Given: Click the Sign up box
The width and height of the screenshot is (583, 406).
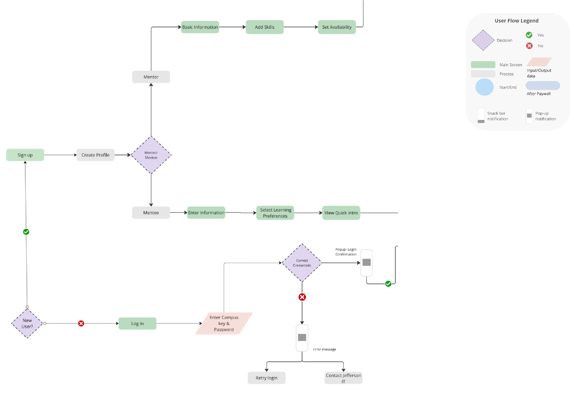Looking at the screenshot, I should (25, 155).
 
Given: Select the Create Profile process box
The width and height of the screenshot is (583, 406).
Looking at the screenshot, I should (96, 155).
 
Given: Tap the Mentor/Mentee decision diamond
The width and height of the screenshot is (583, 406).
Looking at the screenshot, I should (151, 155).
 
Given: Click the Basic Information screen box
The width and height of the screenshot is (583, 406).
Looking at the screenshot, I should (200, 27).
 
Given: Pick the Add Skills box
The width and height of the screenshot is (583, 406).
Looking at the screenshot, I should (265, 27).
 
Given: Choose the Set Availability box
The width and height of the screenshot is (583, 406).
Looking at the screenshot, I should (337, 27).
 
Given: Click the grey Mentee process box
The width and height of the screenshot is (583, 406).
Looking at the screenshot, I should (151, 213).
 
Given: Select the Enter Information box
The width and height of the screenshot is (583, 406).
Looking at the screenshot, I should (206, 213).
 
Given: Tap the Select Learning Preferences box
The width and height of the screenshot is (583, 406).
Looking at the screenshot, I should (275, 213).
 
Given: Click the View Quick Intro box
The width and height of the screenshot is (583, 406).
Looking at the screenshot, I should (341, 213).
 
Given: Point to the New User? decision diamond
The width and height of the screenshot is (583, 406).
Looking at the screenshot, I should (27, 323).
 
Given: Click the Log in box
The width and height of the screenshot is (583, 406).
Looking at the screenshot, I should (137, 324).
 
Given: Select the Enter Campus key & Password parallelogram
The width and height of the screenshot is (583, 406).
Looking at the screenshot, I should (224, 324).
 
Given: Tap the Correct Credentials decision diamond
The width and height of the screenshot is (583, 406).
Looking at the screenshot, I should (302, 263).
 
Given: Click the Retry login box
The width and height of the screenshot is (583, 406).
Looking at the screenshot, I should (267, 378).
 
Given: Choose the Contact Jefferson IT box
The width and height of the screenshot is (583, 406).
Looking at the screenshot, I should (343, 378).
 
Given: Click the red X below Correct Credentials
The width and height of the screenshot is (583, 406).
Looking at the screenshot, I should (302, 297).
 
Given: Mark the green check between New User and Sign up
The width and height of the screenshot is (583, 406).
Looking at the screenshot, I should (26, 232).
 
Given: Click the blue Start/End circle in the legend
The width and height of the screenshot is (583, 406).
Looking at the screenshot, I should (485, 87).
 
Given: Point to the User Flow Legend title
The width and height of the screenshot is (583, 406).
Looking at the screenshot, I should (516, 21).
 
